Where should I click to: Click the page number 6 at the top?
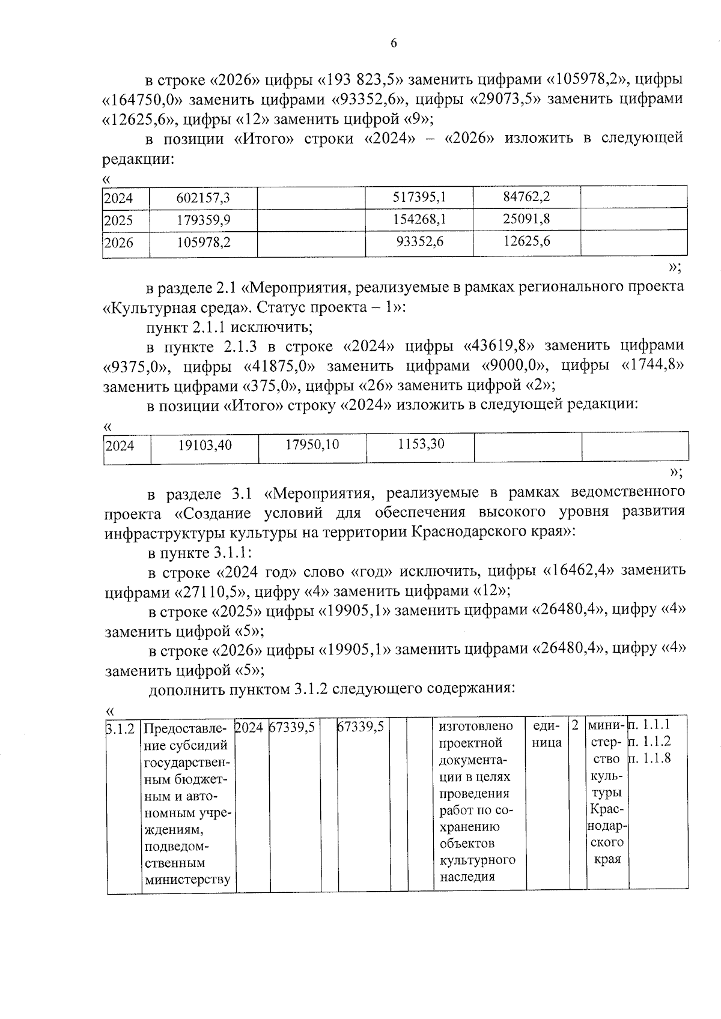coord(394,43)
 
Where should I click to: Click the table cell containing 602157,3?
coord(203,198)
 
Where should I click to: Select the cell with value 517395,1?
coord(419,197)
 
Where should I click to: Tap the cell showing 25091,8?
coord(526,219)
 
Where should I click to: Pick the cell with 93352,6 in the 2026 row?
coord(419,242)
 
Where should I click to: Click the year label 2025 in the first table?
coord(118,220)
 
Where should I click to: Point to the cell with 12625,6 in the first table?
coord(526,241)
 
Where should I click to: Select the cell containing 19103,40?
coord(205,446)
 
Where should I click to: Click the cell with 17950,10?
coord(312,445)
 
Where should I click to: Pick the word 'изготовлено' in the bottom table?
coord(476,727)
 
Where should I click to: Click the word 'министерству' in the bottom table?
coord(187,880)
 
